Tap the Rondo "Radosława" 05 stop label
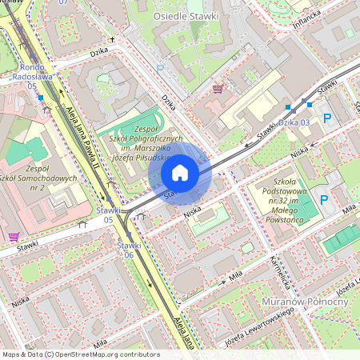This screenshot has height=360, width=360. (32, 76)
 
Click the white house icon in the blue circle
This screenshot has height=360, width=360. (180, 173)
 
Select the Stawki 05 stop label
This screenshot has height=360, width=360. (109, 214)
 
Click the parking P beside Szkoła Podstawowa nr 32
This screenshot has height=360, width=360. (324, 199)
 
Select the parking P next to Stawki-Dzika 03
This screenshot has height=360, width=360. (326, 118)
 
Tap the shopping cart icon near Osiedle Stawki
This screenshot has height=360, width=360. (218, 88)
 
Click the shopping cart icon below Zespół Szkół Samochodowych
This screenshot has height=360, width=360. (14, 236)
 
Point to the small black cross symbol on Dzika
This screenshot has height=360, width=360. (112, 38)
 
